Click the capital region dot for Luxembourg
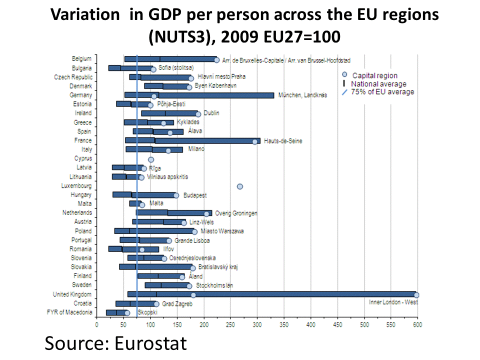click(x=240, y=186)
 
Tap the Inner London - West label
click(x=393, y=302)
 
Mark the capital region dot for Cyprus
click(x=151, y=159)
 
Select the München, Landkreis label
click(x=302, y=95)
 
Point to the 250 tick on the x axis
click(x=230, y=324)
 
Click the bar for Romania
click(x=133, y=249)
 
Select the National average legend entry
click(x=378, y=84)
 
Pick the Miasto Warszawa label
click(x=222, y=231)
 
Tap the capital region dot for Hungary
click(x=176, y=195)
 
